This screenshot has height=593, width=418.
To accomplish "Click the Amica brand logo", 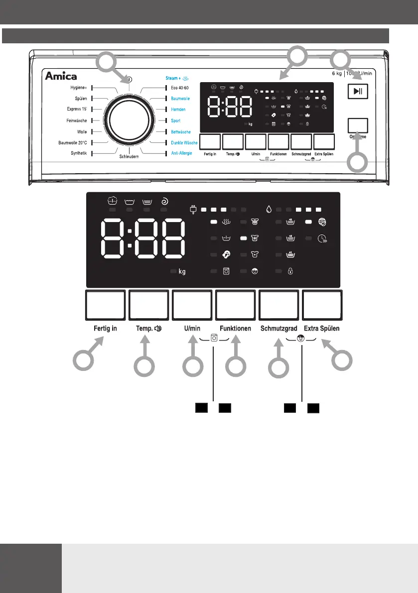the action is pos(62,76).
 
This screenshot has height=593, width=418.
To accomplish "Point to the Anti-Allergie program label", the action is pos(181,153).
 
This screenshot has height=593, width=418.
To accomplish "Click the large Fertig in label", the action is pos(105,329).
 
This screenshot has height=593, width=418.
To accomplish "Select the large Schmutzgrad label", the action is pos(279,329).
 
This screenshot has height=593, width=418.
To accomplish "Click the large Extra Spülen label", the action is pos(322,329).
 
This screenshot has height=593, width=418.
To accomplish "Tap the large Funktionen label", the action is pos(235,329).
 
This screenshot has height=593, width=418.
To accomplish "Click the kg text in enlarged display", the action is pos(182,271).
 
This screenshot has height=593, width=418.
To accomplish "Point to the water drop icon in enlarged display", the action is pos(269,210).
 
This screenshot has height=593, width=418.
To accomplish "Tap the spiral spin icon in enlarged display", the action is pos(164,202).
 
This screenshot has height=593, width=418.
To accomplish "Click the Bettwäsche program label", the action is pos(182,132).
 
